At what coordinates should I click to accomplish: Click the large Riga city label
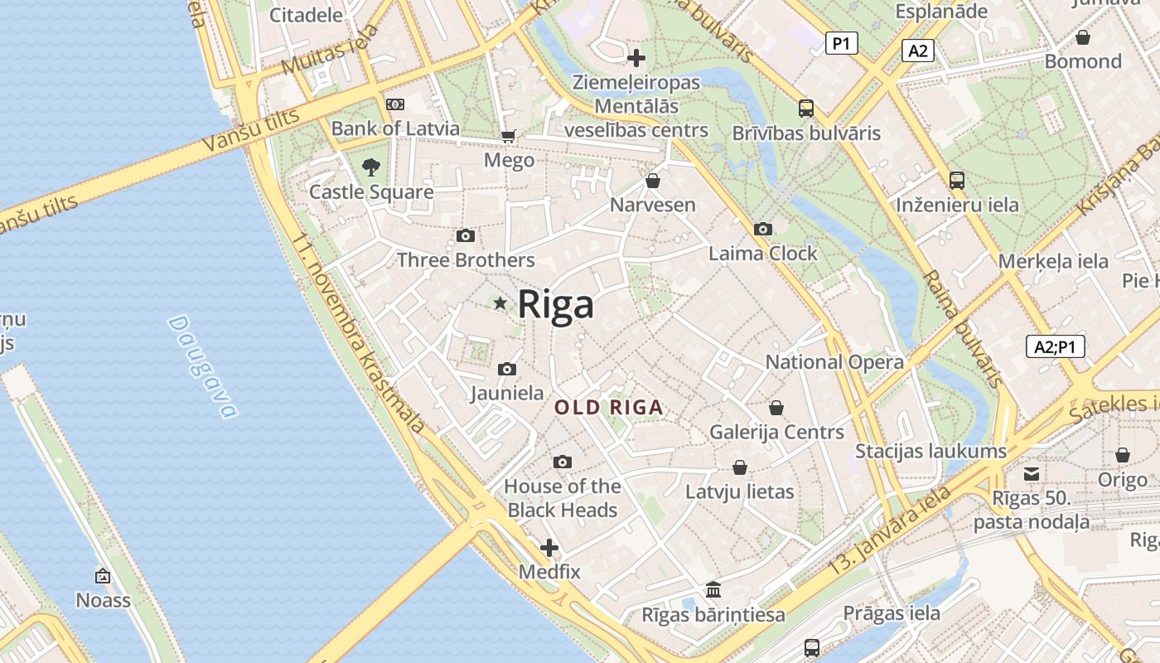(556, 304)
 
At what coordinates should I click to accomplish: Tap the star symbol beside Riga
(500, 303)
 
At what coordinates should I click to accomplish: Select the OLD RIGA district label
(609, 407)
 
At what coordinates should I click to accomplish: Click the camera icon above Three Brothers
(466, 236)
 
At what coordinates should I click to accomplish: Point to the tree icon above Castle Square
(370, 167)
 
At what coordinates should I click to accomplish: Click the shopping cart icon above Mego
(508, 136)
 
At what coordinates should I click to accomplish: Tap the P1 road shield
(841, 43)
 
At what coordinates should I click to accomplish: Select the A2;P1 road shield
(1055, 346)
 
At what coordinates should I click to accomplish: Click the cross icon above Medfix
(549, 548)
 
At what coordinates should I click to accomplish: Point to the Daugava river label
(202, 366)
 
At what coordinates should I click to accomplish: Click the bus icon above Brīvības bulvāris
(805, 108)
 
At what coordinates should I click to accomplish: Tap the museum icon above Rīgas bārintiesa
(713, 589)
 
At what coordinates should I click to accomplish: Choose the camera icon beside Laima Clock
(762, 229)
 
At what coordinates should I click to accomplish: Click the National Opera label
(834, 362)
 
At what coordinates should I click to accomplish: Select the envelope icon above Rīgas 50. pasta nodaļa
(1031, 474)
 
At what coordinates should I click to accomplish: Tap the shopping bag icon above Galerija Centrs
(776, 408)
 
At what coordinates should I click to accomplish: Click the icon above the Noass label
(103, 575)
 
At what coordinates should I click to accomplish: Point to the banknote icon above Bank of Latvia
(395, 104)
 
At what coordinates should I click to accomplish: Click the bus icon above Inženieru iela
(957, 180)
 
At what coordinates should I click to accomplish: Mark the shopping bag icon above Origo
(1122, 455)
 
